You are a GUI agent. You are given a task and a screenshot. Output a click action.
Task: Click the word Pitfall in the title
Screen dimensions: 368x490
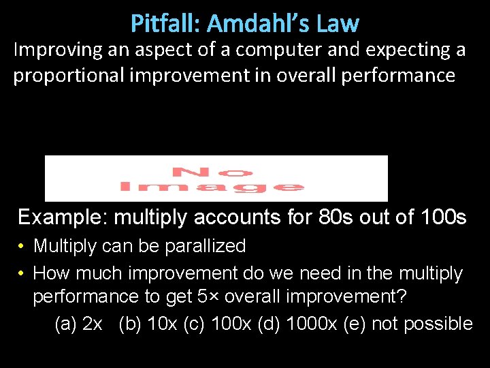point(165,24)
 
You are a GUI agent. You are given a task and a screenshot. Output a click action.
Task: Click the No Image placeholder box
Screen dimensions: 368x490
point(216,179)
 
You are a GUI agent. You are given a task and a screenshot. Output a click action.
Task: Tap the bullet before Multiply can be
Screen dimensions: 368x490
point(22,246)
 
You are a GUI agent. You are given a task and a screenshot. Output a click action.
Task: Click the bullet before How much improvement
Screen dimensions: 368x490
point(22,274)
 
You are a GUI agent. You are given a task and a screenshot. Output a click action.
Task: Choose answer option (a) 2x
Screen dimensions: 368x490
point(78,324)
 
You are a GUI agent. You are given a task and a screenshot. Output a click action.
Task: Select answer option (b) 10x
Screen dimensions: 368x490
point(148,324)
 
